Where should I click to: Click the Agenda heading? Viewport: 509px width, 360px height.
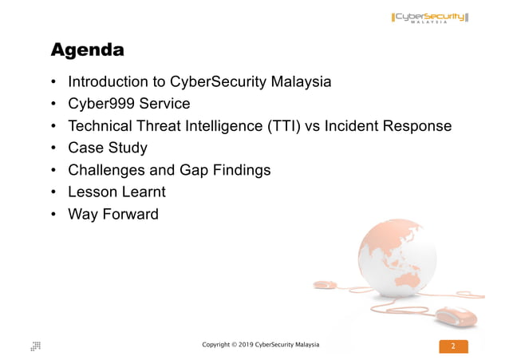point(87,50)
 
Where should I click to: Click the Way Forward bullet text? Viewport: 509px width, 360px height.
point(113,214)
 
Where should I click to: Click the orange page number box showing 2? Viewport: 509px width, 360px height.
point(453,346)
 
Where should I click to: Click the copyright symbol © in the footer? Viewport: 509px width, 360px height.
point(232,344)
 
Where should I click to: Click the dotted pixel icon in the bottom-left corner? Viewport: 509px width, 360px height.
point(36,346)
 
